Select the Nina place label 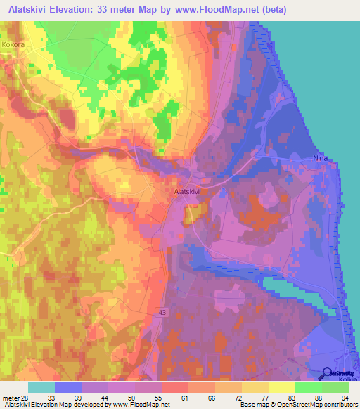pos(319,160)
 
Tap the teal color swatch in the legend pos(41,387)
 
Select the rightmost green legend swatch pos(335,387)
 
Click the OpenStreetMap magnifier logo pos(328,374)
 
